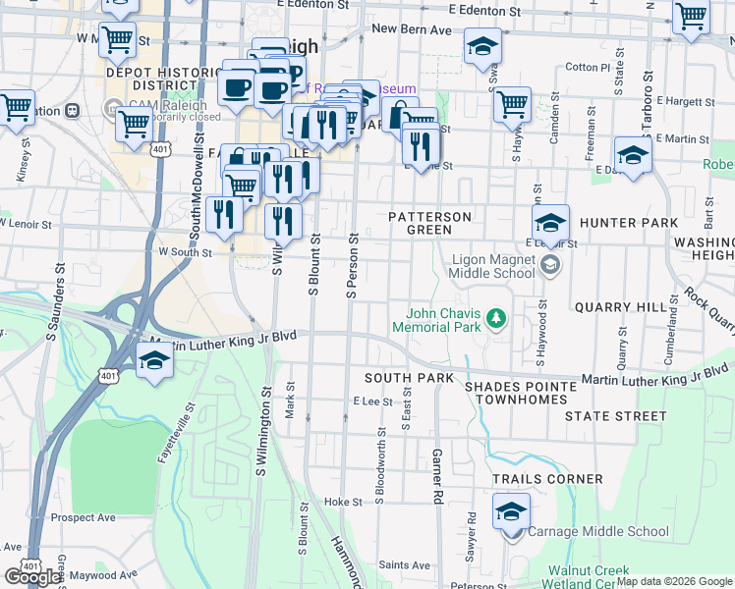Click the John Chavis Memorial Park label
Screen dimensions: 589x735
[x=436, y=319]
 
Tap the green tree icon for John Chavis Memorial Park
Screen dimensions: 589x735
[x=497, y=318]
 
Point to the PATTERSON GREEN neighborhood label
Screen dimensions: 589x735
[x=429, y=223]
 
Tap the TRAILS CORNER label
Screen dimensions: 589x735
[x=547, y=479]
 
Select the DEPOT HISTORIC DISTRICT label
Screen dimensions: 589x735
[x=162, y=80]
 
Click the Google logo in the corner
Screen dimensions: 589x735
[x=32, y=576]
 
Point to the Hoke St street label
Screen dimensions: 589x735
[x=343, y=502]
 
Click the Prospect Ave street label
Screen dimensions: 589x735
[x=84, y=517]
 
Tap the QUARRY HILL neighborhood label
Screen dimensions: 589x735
[x=620, y=306]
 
